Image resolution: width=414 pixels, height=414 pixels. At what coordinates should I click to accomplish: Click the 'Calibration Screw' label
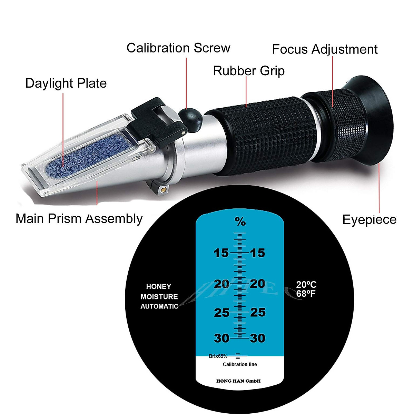178,48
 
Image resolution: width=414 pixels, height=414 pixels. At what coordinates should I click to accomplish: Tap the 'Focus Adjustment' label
324,49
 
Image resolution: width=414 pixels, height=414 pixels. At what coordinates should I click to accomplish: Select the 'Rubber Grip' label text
249,71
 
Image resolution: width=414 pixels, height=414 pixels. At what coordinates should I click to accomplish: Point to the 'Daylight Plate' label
66,83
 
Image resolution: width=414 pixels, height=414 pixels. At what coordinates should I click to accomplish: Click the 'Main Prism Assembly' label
79,219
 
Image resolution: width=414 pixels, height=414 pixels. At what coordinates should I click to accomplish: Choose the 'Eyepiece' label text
369,219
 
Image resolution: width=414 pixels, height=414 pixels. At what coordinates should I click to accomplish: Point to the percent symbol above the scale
240,222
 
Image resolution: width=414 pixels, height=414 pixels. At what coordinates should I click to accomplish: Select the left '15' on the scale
221,253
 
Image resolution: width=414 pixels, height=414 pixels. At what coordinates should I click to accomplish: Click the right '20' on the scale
257,284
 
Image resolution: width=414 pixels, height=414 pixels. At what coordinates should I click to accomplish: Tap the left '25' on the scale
221,313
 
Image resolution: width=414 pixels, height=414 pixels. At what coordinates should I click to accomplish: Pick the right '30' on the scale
257,338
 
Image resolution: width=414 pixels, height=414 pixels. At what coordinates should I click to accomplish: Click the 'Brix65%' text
218,356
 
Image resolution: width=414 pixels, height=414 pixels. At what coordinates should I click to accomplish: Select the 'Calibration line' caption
240,364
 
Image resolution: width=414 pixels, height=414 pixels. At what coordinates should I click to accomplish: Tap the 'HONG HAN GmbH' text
238,381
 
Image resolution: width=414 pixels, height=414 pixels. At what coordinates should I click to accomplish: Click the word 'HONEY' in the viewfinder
158,287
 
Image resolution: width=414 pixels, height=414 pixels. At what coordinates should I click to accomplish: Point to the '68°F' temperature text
306,294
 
